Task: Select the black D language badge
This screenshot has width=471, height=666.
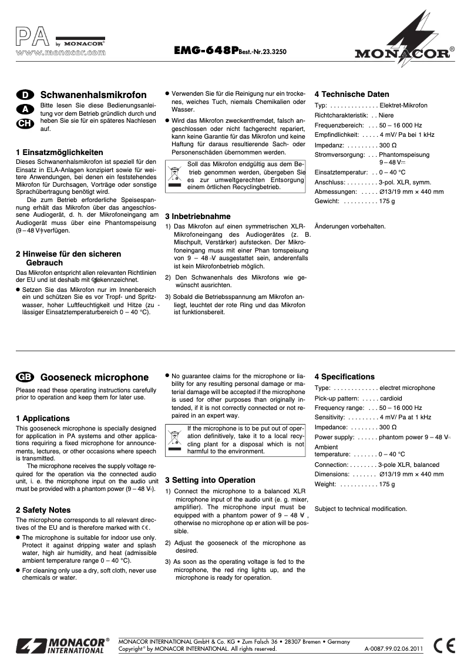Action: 25,95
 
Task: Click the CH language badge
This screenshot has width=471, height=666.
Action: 25,123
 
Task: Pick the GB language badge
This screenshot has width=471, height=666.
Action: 25,377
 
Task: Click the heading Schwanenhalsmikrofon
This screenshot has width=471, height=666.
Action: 93,95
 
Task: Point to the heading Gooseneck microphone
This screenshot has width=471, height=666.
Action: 95,377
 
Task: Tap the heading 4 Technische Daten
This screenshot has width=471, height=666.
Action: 351,94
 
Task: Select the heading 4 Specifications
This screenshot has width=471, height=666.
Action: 344,376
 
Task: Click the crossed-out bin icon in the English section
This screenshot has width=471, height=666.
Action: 175,440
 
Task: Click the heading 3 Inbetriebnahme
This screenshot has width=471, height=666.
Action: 197,216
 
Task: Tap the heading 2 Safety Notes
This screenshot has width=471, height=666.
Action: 43,510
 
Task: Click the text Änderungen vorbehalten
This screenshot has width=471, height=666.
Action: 350,226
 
